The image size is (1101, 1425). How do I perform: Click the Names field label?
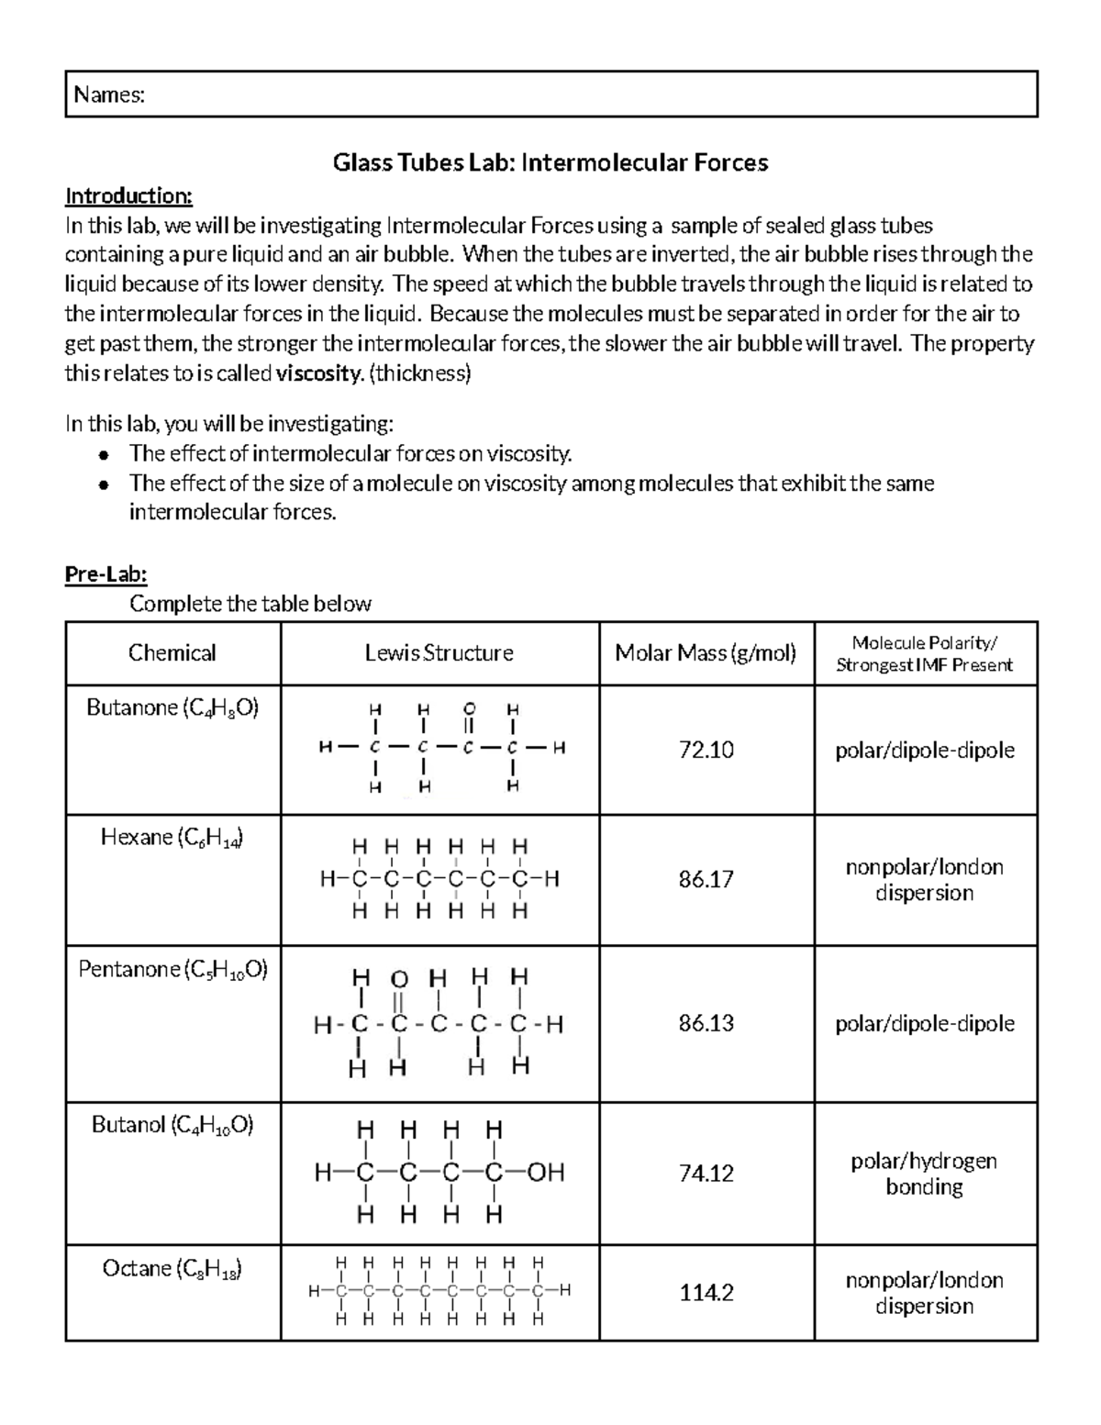[109, 95]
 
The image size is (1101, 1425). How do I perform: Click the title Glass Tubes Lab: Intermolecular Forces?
[550, 163]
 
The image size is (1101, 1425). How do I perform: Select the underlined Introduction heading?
[128, 195]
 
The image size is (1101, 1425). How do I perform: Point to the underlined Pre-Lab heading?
[106, 574]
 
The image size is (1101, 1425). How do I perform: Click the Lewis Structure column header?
[439, 653]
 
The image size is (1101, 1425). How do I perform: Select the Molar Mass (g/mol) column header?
[706, 653]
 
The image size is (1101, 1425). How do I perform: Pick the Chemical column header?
[172, 653]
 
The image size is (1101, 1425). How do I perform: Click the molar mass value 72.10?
[706, 751]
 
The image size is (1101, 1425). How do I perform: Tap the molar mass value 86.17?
[706, 880]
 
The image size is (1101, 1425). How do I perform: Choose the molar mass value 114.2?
[706, 1293]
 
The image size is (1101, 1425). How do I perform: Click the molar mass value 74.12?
[706, 1174]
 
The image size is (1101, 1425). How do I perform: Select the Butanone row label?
[172, 708]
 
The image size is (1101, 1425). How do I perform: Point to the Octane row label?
[172, 1269]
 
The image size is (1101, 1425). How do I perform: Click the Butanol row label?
[172, 1126]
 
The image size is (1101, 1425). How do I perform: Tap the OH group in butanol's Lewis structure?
[546, 1173]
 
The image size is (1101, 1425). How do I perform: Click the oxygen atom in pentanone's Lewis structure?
[399, 978]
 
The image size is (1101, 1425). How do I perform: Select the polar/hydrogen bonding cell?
[924, 1174]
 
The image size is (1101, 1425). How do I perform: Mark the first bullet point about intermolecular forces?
[350, 453]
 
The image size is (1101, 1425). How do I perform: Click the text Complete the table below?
[250, 604]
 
